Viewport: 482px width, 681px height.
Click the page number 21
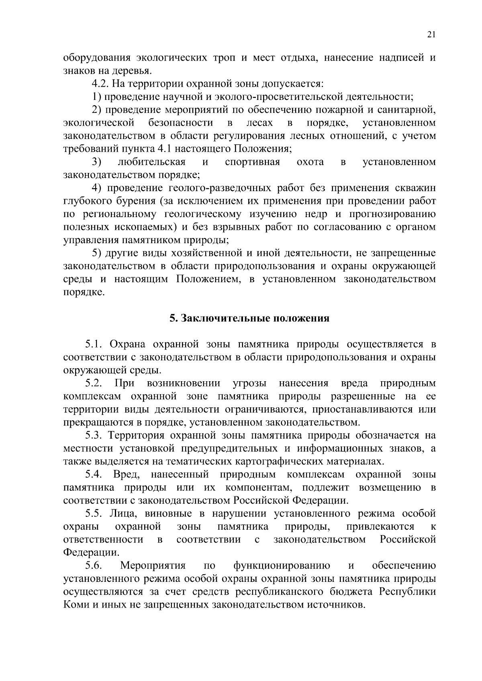pyautogui.click(x=431, y=35)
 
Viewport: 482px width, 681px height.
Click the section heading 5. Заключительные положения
pyautogui.click(x=249, y=318)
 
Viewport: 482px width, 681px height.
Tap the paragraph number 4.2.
pyautogui.click(x=100, y=84)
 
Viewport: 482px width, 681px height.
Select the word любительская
pyautogui.click(x=151, y=162)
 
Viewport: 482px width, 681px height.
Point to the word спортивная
pyautogui.click(x=252, y=162)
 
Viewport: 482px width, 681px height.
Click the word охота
pyautogui.click(x=310, y=162)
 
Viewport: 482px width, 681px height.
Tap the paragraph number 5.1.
pyautogui.click(x=94, y=344)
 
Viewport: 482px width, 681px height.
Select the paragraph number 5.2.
pyautogui.click(x=94, y=383)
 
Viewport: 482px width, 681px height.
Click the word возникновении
pyautogui.click(x=183, y=383)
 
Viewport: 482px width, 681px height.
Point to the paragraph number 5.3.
pyautogui.click(x=94, y=435)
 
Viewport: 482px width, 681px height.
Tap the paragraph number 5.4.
pyautogui.click(x=94, y=474)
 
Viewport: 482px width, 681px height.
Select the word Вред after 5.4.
pyautogui.click(x=126, y=474)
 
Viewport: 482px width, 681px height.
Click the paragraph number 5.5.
pyautogui.click(x=94, y=513)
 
